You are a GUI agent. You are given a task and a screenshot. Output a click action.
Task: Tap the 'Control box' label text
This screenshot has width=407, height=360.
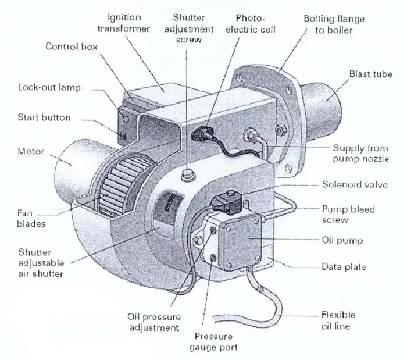click(72, 46)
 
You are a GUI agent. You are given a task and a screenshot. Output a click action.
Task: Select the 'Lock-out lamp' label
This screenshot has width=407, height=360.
click(49, 88)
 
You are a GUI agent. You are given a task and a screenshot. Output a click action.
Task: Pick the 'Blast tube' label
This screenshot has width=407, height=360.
click(370, 74)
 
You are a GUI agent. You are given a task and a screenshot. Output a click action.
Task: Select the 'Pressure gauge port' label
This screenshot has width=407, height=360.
click(213, 342)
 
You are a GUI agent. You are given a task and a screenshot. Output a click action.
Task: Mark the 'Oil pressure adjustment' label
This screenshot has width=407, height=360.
click(153, 322)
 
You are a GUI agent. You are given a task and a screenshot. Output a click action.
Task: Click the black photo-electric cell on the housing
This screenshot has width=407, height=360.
click(199, 135)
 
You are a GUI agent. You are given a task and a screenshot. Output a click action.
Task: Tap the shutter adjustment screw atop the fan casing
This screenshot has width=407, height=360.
click(187, 173)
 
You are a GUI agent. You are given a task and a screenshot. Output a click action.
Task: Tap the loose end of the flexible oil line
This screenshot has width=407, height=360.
click(217, 317)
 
